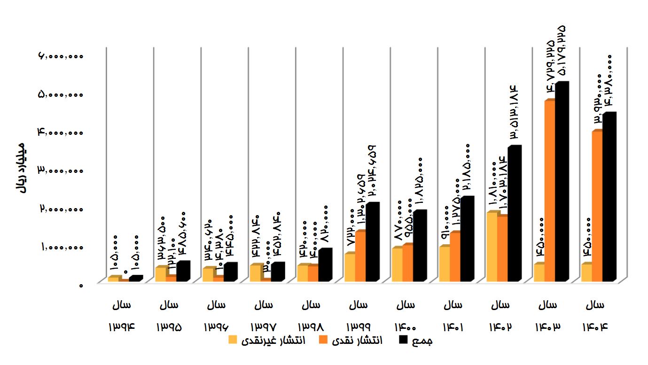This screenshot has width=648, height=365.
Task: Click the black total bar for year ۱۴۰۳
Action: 561,183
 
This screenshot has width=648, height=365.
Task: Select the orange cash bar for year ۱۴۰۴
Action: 597,207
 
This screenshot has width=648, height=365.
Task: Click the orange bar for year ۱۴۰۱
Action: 455,257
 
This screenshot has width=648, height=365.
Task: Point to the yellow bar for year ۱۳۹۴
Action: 113,279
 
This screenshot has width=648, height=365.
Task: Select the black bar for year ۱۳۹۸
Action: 324,266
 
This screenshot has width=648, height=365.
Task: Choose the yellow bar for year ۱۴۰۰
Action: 397,264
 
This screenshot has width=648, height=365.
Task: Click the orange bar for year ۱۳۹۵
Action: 171,278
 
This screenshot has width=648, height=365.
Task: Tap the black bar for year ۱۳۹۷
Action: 277,272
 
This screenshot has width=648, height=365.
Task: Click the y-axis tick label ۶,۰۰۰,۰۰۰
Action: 61,56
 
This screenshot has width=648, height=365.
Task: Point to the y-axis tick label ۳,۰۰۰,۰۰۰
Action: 61,171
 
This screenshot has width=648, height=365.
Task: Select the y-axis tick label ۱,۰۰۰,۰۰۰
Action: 61,247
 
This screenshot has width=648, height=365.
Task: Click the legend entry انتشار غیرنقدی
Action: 272,341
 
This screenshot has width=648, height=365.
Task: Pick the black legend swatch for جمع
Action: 404,340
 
